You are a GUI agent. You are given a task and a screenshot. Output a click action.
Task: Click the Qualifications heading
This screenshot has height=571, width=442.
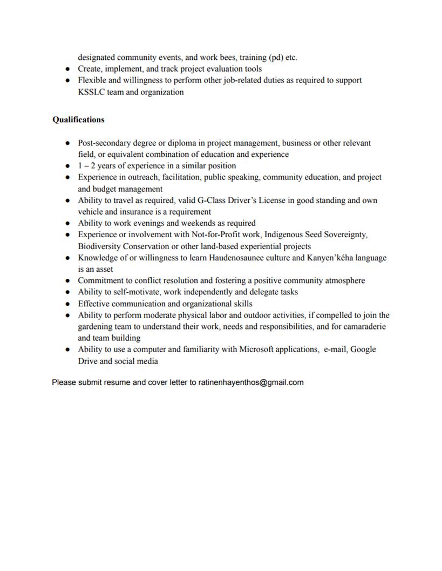click(78, 120)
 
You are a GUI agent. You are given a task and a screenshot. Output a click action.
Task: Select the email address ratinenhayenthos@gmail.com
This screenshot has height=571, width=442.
click(251, 382)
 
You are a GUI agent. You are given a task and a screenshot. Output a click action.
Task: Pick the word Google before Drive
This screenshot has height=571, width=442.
click(363, 349)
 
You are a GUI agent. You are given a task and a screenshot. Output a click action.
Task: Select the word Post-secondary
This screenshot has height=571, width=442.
click(105, 143)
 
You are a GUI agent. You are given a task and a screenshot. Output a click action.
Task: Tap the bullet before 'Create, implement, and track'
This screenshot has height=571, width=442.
click(67, 69)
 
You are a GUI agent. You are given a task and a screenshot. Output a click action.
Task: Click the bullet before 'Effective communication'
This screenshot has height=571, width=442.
click(67, 304)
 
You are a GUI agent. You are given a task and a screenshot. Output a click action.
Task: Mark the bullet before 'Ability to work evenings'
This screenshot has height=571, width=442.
click(67, 223)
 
